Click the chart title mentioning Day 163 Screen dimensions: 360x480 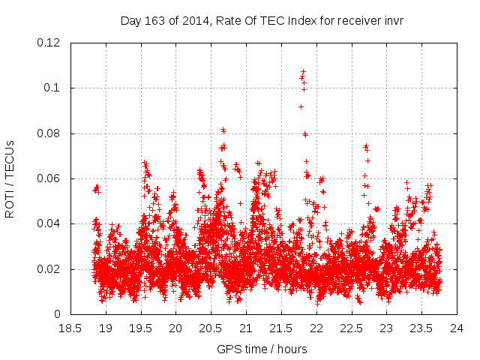(262, 20)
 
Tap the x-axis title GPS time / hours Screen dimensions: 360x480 (262, 349)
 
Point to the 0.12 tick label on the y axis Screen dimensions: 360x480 (51, 43)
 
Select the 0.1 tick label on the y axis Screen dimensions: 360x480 (54, 88)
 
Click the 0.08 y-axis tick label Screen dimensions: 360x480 (51, 133)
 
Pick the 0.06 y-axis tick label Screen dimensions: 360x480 (51, 178)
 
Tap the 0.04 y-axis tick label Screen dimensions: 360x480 (51, 223)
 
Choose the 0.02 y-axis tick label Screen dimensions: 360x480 (51, 269)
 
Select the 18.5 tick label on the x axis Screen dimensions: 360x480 (70, 328)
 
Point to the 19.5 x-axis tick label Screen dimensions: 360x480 (140, 328)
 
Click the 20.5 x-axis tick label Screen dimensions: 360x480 (211, 328)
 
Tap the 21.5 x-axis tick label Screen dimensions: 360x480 (281, 328)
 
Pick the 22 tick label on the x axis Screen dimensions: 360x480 (316, 328)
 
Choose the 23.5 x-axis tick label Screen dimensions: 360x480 (421, 328)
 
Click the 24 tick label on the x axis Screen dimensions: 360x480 (457, 328)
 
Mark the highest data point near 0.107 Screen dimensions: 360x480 (303, 72)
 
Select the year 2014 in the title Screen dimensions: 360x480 (191, 20)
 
